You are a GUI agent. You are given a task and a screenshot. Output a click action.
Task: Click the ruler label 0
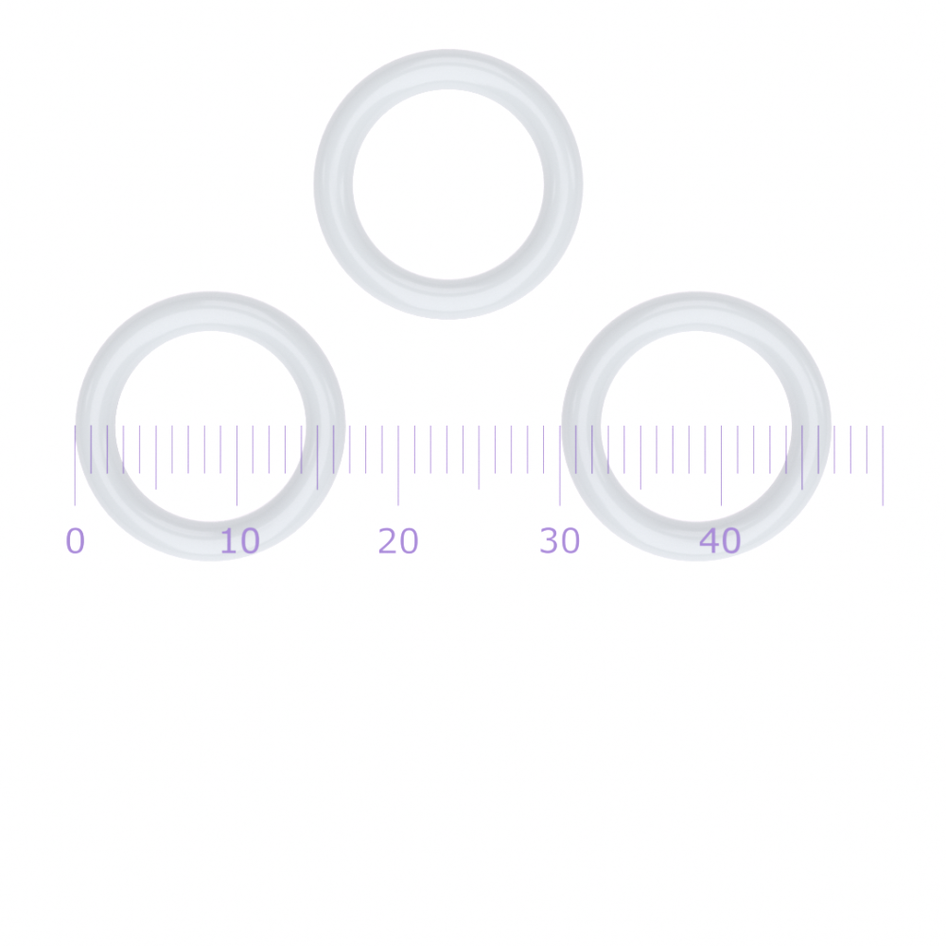coord(76,540)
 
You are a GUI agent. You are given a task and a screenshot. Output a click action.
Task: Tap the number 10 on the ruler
coord(239,540)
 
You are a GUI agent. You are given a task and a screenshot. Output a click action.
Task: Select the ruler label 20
coord(398,540)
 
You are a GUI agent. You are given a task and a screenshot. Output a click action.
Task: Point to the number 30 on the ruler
coord(560,540)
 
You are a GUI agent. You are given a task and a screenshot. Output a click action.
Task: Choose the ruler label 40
coord(720,540)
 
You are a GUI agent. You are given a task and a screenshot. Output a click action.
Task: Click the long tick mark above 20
coord(398,465)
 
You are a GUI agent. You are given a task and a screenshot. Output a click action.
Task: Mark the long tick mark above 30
coord(560,465)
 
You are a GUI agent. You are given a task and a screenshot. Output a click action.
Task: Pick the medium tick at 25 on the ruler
coord(479,457)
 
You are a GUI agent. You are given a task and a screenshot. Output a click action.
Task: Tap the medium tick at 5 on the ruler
coord(156,457)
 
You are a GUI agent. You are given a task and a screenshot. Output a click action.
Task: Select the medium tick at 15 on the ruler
coord(317,457)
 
